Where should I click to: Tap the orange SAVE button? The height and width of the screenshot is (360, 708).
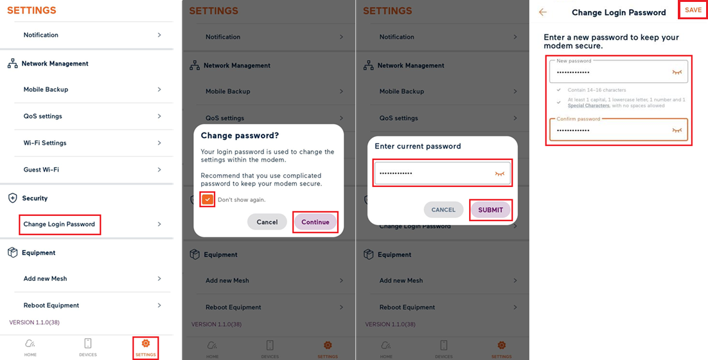point(693,10)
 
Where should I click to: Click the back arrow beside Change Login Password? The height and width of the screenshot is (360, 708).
point(543,12)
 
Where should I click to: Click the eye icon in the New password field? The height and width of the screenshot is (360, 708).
point(677,73)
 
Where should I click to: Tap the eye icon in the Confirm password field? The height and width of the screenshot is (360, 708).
point(677,130)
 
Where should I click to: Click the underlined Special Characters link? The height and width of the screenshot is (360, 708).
point(589,105)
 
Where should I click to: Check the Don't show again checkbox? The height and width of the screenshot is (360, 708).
point(208,199)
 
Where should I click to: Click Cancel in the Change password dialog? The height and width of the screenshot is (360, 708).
point(267,222)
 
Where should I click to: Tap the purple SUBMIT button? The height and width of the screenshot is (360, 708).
point(490,210)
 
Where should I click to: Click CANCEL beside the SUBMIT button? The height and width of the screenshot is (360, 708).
point(443,210)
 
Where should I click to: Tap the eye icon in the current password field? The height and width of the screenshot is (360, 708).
point(500,174)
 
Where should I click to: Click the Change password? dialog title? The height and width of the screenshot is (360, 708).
point(240,136)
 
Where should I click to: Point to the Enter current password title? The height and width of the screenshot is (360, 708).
point(418,146)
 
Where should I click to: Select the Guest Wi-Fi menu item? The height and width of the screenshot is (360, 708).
point(42,170)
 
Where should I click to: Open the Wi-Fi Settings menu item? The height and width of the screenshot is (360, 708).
point(45,143)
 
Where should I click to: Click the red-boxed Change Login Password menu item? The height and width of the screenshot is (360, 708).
point(59,224)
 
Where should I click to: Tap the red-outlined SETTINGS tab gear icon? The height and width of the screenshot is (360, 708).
point(146,343)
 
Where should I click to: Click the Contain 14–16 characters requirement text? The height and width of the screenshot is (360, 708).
point(597,90)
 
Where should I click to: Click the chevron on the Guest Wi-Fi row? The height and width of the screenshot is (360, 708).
point(159,170)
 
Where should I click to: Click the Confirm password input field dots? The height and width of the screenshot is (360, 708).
point(573,130)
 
